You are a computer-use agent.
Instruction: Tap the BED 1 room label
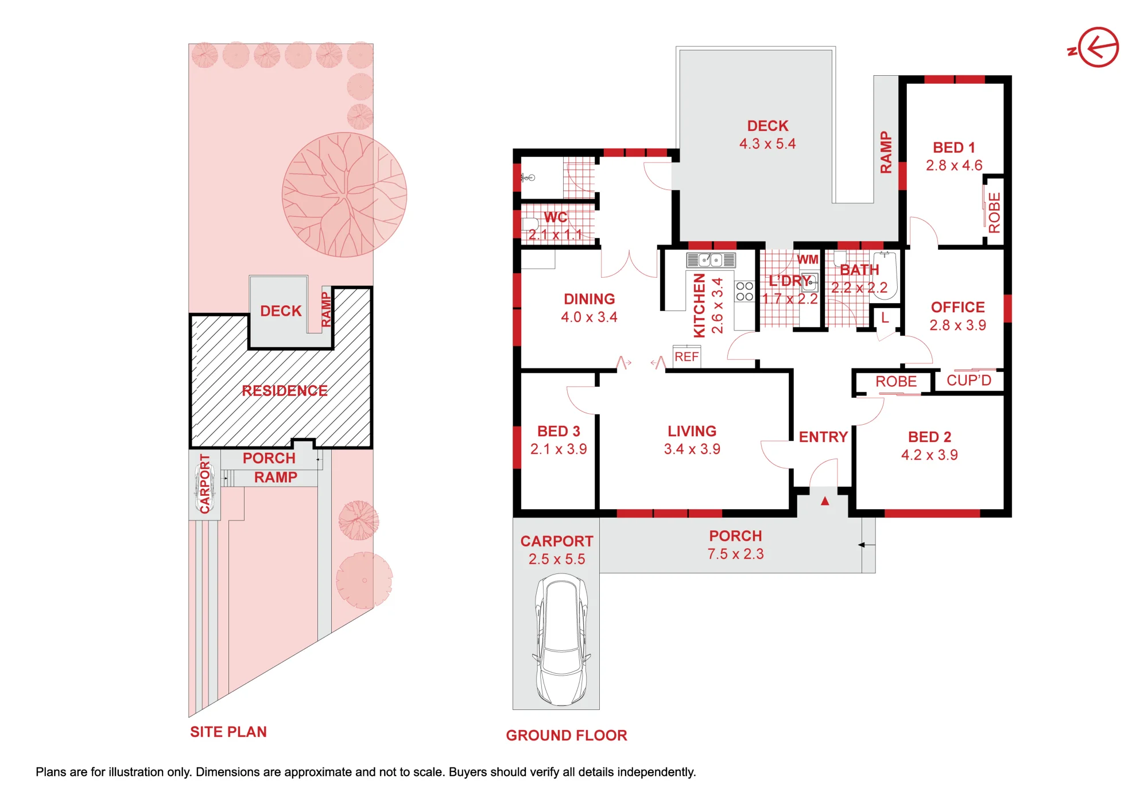pyautogui.click(x=954, y=148)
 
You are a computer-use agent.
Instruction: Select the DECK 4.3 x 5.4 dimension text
pyautogui.click(x=767, y=143)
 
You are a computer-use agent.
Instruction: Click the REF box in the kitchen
pyautogui.click(x=687, y=356)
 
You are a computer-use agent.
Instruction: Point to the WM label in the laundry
pyautogui.click(x=808, y=259)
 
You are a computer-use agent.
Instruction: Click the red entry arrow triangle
pyautogui.click(x=825, y=501)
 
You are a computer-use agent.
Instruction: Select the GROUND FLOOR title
pyautogui.click(x=567, y=735)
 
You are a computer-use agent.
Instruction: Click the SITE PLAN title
pyautogui.click(x=228, y=732)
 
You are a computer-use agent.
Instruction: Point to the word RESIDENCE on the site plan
pyautogui.click(x=285, y=391)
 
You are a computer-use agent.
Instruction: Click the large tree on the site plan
pyautogui.click(x=344, y=195)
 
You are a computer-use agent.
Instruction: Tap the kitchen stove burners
pyautogui.click(x=744, y=291)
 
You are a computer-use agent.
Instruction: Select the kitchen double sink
pyautogui.click(x=711, y=260)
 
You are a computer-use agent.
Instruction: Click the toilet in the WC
pyautogui.click(x=529, y=223)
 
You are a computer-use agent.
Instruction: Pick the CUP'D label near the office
pyautogui.click(x=969, y=381)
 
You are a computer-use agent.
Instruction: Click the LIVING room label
pyautogui.click(x=692, y=431)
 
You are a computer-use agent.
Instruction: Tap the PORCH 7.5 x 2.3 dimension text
pyautogui.click(x=735, y=554)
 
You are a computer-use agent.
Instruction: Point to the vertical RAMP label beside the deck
pyautogui.click(x=886, y=152)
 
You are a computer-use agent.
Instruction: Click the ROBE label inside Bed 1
pyautogui.click(x=994, y=212)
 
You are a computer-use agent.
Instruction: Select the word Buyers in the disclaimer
pyautogui.click(x=467, y=772)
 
